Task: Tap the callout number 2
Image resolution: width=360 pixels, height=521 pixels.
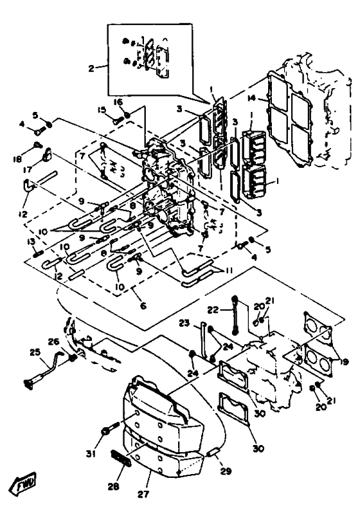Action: [91, 68]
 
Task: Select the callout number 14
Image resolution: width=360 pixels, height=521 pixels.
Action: [252, 98]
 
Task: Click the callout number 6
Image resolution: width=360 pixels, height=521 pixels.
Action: [143, 306]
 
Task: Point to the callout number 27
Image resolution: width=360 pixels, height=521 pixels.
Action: [143, 494]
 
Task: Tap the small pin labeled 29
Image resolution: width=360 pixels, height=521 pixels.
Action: [213, 453]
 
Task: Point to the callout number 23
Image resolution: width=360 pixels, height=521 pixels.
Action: [184, 323]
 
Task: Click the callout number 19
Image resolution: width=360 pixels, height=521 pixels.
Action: [344, 362]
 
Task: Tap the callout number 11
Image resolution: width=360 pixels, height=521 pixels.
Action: [228, 271]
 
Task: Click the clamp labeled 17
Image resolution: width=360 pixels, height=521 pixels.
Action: [46, 154]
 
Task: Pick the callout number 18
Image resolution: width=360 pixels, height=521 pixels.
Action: [17, 159]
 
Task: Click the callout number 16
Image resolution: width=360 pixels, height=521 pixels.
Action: [118, 102]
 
